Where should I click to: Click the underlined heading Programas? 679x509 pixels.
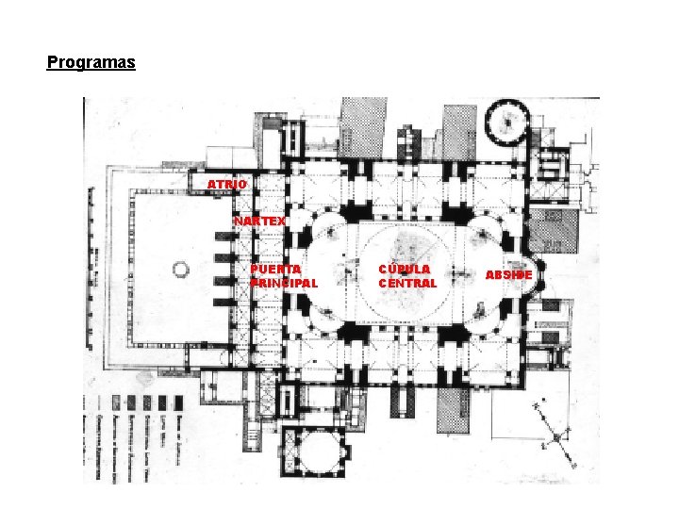point(91,63)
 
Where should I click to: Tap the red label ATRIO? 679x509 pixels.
point(227,184)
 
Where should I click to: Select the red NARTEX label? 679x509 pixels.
point(259,221)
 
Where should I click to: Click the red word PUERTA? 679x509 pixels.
point(276,269)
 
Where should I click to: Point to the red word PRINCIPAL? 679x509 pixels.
point(284,283)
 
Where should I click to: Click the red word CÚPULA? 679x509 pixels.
point(404,269)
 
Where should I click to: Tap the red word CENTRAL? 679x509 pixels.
point(407,283)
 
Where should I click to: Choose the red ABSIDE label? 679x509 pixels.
point(509,275)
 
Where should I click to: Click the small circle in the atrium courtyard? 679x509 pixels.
point(180,270)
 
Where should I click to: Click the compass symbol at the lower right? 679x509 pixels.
point(556,436)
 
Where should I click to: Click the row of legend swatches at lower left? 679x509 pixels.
point(141,403)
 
